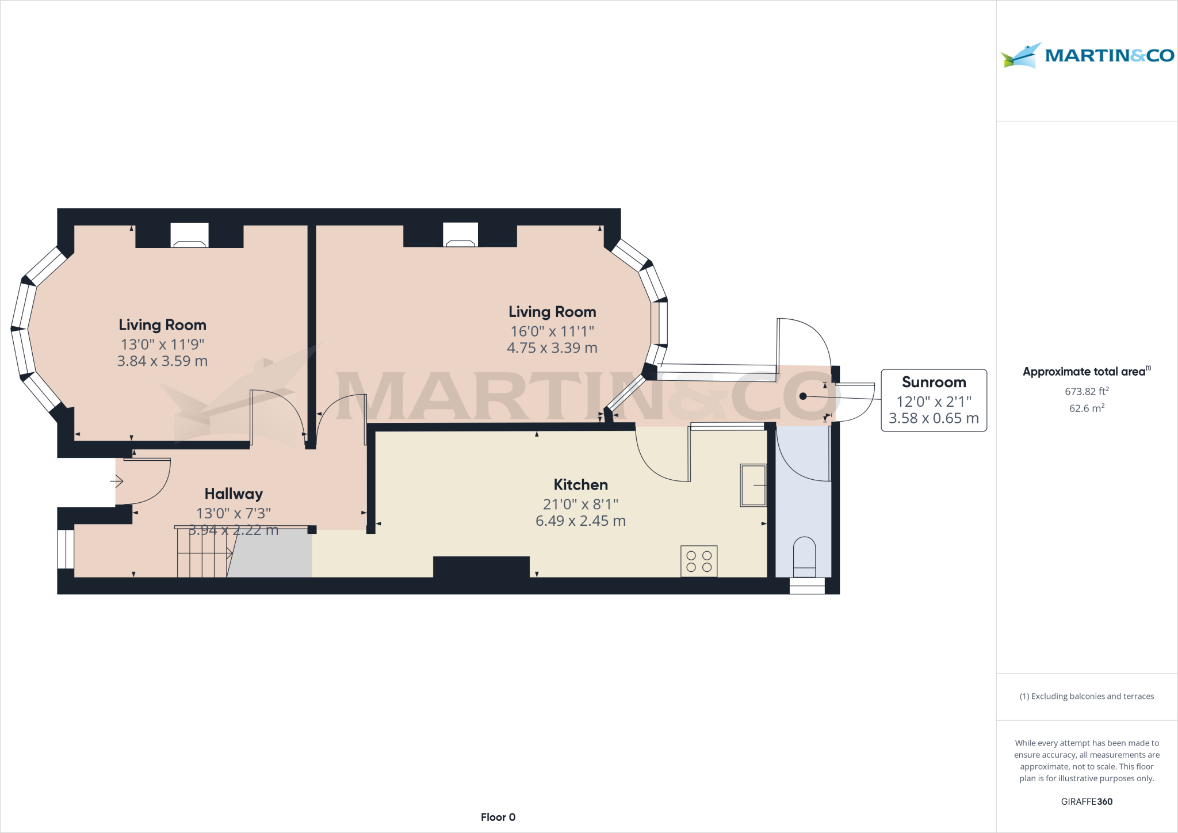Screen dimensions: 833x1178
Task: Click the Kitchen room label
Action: point(580,484)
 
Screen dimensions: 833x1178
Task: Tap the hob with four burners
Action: point(699,561)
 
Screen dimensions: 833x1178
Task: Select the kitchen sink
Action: point(753,486)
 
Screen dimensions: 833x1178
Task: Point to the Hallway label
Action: point(234,494)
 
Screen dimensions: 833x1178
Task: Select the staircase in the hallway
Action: point(204,552)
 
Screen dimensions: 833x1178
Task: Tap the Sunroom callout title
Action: point(934,382)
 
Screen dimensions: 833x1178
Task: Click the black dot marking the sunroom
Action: point(803,396)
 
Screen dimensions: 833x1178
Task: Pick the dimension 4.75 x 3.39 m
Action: point(552,348)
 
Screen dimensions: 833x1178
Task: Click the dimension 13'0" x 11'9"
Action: point(162,344)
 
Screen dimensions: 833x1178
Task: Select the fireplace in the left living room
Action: point(189,236)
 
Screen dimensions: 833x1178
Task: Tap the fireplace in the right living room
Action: point(460,235)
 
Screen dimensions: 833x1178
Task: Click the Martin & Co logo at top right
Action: point(1087,55)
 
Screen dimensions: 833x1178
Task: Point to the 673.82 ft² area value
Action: point(1086,391)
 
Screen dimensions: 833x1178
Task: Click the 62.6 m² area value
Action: point(1086,408)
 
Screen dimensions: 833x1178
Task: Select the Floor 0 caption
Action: point(498,817)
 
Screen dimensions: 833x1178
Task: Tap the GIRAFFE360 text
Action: point(1087,801)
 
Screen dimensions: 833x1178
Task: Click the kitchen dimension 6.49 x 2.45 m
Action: point(580,521)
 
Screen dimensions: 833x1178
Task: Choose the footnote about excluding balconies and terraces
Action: point(1087,696)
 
